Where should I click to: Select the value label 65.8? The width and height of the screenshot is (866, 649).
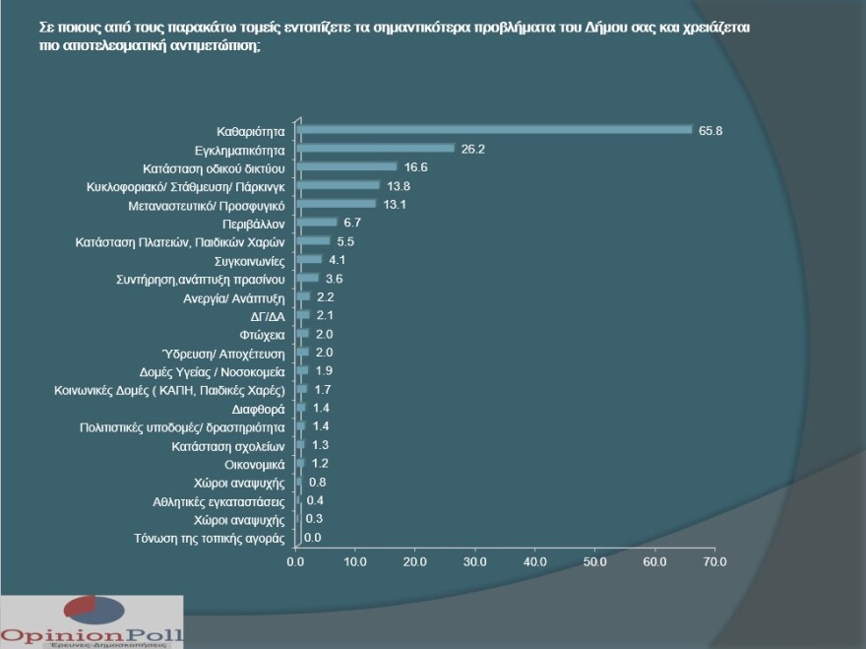point(711,130)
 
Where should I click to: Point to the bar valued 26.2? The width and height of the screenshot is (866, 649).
point(375,148)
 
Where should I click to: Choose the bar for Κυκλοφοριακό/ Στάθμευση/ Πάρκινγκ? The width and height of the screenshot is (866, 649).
point(338,185)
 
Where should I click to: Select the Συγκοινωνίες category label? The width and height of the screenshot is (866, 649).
point(250,261)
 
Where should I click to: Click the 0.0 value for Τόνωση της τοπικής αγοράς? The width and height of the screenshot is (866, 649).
point(312,538)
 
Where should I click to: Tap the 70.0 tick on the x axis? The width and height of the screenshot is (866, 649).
point(714,561)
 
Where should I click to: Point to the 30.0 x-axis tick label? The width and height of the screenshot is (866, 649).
point(475,561)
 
